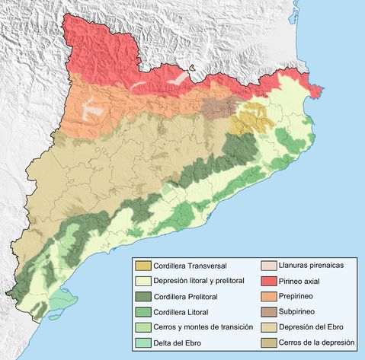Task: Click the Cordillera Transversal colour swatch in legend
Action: [x=142, y=266]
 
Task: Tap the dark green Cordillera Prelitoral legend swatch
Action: [x=142, y=297]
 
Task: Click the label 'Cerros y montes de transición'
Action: [x=201, y=327]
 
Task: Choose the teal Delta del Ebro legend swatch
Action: [x=142, y=342]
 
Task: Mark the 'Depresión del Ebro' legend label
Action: [x=303, y=327]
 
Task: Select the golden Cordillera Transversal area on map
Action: [x=252, y=121]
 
